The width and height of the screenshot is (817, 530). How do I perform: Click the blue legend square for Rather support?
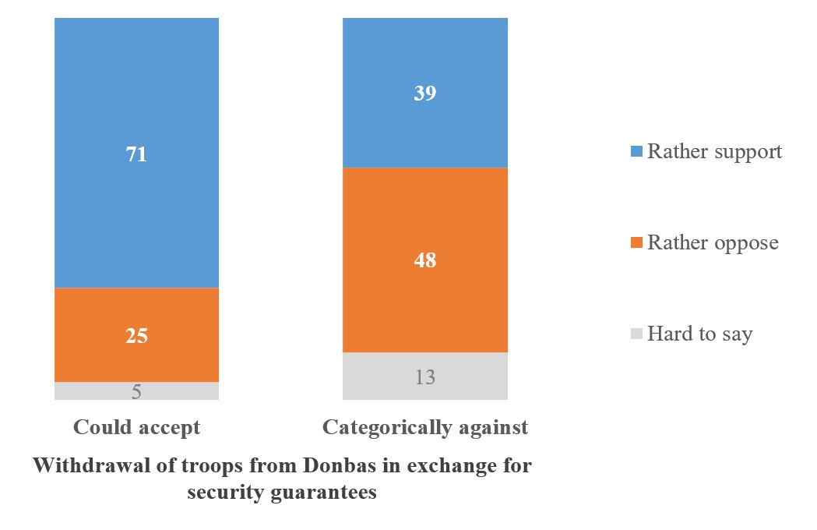click(x=635, y=152)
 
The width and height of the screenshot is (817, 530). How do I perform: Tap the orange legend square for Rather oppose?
click(x=635, y=243)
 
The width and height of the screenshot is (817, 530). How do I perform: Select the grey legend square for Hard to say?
click(x=635, y=334)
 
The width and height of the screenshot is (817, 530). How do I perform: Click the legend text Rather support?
click(x=714, y=151)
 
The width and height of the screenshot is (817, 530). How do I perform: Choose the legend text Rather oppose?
click(x=713, y=242)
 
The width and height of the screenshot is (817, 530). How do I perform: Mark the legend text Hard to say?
click(x=699, y=334)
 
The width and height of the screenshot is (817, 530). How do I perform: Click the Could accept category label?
click(x=136, y=427)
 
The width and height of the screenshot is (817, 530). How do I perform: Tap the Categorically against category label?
click(x=425, y=427)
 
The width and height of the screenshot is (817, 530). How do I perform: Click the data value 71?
click(x=136, y=154)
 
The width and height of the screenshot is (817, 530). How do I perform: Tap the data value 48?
click(x=425, y=260)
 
